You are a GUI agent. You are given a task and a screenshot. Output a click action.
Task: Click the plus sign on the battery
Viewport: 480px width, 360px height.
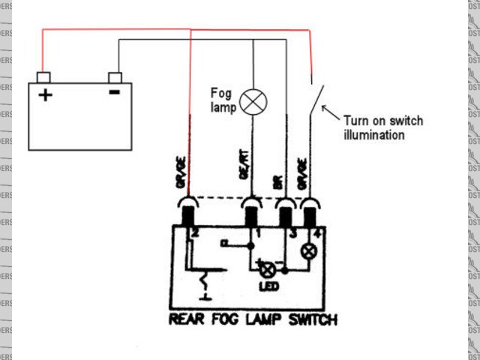[45, 94]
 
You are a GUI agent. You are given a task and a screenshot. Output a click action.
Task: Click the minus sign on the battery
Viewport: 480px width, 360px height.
[114, 93]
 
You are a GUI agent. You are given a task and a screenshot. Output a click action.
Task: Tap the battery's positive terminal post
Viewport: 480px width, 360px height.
[43, 77]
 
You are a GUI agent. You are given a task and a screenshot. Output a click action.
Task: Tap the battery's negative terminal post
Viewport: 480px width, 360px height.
[115, 77]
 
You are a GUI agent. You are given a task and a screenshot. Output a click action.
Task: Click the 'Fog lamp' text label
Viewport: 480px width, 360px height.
[223, 100]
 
